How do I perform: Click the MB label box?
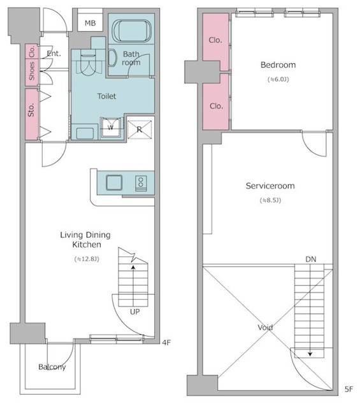90,23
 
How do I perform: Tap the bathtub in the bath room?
132,30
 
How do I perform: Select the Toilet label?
106,96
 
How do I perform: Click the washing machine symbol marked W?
111,127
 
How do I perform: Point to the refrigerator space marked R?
140,129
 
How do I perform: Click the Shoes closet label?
32,71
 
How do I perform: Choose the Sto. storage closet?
32,115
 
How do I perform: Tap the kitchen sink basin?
114,182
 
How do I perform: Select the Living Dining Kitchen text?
85,240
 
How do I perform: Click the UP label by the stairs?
134,312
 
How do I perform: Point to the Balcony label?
52,367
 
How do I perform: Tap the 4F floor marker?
166,342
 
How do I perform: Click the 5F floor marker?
349,390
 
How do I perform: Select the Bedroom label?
278,65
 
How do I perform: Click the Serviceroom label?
270,186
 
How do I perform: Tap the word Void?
265,327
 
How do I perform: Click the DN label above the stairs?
311,259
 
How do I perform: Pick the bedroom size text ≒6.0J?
278,79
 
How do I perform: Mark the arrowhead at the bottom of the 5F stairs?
310,354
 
